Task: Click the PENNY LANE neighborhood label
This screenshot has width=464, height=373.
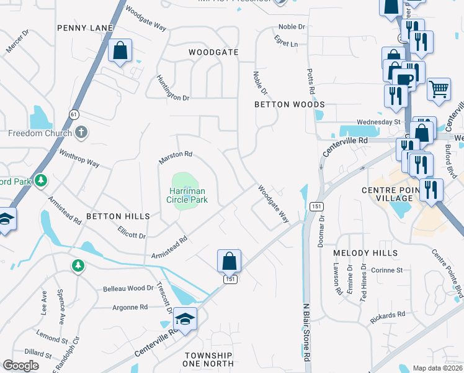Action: [x=85, y=28]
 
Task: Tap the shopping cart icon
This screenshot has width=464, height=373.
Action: [x=439, y=89]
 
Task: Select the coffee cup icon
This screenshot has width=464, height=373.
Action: [x=404, y=79]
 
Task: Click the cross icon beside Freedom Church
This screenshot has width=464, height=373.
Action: [x=81, y=132]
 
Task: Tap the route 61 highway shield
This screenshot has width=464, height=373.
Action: [x=74, y=114]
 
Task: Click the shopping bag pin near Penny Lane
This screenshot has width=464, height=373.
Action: [x=120, y=50]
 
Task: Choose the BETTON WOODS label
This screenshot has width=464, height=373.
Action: [x=290, y=104]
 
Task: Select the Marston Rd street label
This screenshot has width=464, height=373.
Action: [x=176, y=158]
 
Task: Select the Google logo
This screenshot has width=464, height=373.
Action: [x=20, y=366]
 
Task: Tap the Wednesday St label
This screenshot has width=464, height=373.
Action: [x=378, y=122]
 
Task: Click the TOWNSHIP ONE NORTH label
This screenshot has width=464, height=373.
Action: [x=209, y=360]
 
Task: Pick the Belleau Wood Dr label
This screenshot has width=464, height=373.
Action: [x=128, y=288]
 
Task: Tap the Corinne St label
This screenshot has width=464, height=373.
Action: [x=386, y=270]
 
